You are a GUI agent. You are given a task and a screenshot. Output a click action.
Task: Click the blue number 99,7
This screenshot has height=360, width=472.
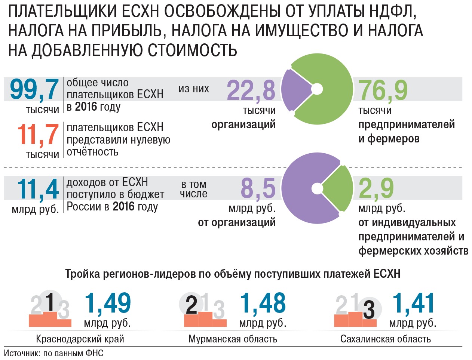[34, 90]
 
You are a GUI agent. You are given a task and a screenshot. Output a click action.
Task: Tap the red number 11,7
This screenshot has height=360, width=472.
[38, 135]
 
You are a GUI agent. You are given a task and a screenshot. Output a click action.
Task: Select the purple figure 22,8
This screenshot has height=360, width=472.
[251, 91]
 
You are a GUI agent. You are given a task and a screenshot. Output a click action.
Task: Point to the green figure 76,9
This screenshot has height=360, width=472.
[383, 91]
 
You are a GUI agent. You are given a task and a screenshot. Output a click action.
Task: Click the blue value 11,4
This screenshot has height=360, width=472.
[38, 189]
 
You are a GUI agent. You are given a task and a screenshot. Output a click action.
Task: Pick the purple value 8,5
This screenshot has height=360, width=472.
[258, 188]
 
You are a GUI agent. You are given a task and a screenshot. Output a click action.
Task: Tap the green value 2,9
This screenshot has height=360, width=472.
[376, 188]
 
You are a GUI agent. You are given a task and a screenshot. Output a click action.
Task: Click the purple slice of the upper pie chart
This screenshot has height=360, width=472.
[295, 90]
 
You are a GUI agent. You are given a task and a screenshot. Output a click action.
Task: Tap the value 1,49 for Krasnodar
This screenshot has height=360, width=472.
[108, 303]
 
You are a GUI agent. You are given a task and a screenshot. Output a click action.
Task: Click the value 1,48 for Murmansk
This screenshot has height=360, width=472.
[263, 303]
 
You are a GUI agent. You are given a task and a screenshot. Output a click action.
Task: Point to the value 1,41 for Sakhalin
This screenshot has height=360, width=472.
[414, 303]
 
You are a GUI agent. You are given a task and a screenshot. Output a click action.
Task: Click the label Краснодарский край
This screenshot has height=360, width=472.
[80, 339]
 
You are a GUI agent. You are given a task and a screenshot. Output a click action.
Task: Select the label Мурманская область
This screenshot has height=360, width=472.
[233, 339]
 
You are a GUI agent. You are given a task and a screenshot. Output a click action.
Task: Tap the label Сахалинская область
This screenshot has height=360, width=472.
[385, 339]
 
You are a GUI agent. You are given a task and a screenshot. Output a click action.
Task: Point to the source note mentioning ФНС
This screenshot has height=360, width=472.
[53, 353]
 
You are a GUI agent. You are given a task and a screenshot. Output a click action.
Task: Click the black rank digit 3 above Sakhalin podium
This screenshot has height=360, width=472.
[369, 310]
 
